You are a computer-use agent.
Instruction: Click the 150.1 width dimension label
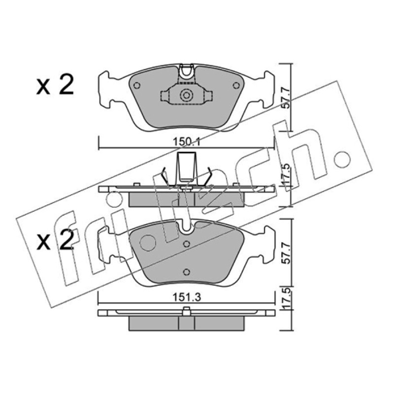[x=186, y=142]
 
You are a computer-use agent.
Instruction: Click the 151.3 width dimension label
[x=187, y=297]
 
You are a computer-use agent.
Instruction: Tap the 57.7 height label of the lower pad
[x=286, y=253]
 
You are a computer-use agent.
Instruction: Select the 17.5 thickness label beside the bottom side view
[x=286, y=299]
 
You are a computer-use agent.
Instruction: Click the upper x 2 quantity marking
[x=55, y=85]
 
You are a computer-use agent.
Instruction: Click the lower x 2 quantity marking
[x=55, y=240]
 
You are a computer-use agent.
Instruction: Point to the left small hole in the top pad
[x=137, y=86]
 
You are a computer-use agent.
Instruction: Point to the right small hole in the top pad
[x=236, y=86]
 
